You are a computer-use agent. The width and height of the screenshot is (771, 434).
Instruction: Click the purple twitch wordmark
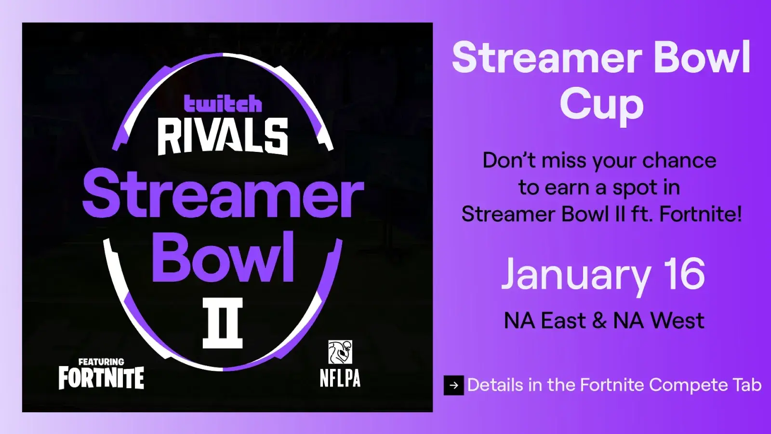pyautogui.click(x=223, y=104)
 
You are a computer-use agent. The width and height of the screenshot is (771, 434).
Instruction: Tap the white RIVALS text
pyautogui.click(x=223, y=136)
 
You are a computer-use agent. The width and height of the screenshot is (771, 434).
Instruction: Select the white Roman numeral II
pyautogui.click(x=223, y=323)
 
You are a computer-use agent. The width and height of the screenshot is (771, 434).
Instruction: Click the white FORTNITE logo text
pyautogui.click(x=101, y=378)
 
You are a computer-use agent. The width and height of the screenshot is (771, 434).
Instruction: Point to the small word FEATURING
pyautogui.click(x=101, y=362)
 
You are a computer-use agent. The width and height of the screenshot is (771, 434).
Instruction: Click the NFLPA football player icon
pyautogui.click(x=340, y=352)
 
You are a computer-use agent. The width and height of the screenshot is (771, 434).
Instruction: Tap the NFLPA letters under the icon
pyautogui.click(x=340, y=379)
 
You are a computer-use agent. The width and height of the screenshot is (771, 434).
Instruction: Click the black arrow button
pyautogui.click(x=453, y=385)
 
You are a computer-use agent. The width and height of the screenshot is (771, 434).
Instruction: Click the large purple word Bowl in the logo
pyautogui.click(x=223, y=257)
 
